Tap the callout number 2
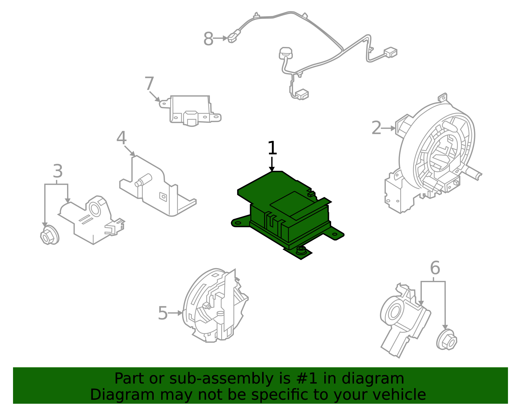pos(376,128)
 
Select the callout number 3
pos(58,171)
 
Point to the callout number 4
pos(121,138)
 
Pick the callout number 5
pos(162,313)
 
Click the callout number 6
pos(435,268)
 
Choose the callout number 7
pos(149,84)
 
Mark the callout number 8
pos(208,39)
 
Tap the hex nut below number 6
pos(446,341)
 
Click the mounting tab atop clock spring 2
pos(443,97)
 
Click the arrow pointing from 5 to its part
pos(176,313)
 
